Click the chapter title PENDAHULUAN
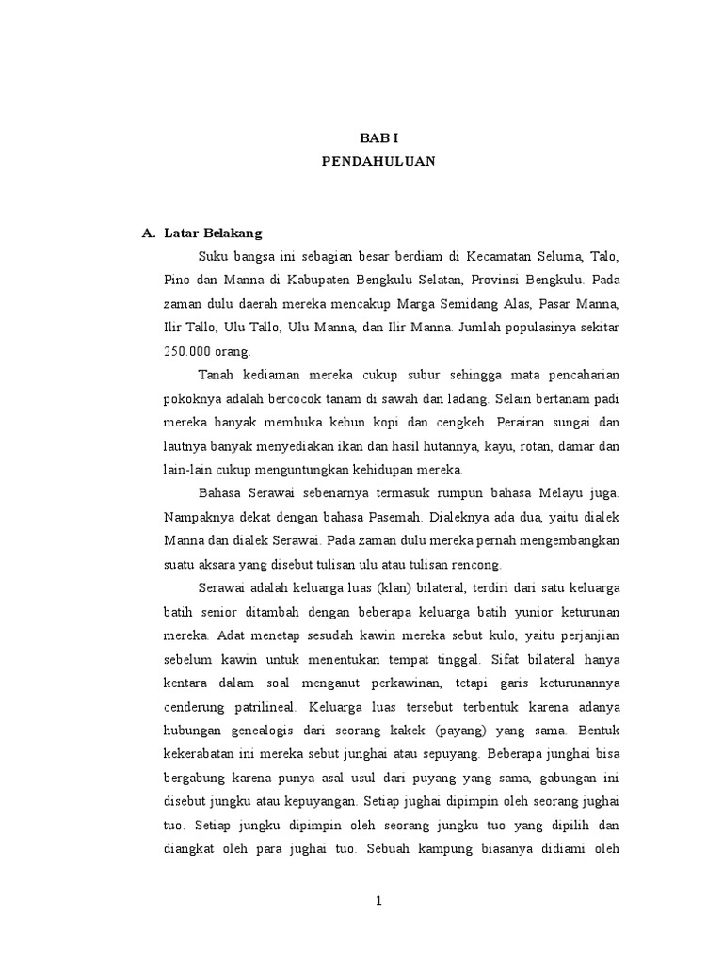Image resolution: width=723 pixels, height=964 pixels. click(378, 161)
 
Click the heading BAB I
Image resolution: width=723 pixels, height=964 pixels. click(378, 137)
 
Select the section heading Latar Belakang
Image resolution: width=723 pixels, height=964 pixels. click(213, 232)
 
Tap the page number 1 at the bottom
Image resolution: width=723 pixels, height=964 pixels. click(378, 901)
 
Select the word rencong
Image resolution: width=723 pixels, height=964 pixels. click(479, 564)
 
